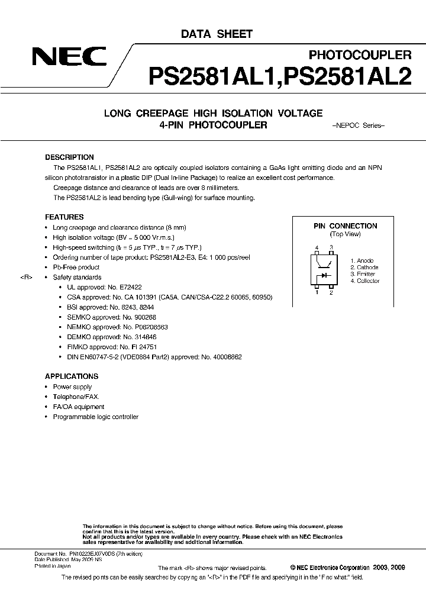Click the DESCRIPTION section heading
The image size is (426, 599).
[69, 157]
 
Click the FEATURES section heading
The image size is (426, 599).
[64, 217]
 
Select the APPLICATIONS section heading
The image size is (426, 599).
[72, 376]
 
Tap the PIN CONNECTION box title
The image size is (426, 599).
[345, 226]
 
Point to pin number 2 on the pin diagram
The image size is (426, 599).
[331, 292]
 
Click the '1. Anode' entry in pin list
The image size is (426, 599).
[362, 261]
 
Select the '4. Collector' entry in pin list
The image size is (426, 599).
[364, 281]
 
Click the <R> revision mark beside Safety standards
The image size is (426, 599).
[26, 278]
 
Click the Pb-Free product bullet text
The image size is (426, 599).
[76, 268]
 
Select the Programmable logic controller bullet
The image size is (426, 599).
[95, 417]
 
